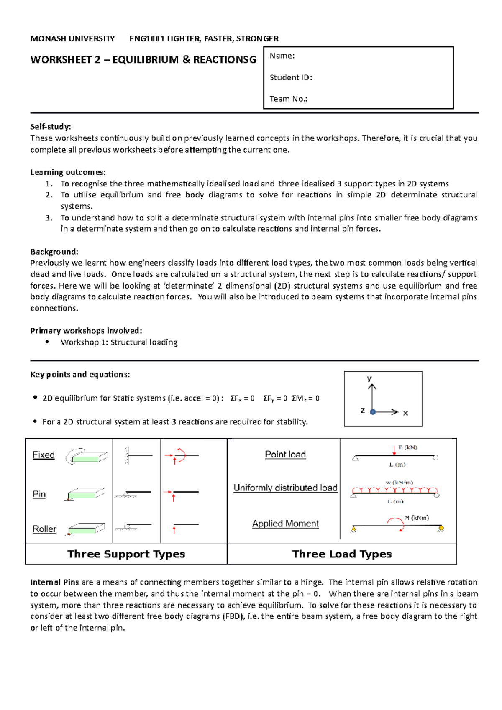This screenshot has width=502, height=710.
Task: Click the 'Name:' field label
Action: pyautogui.click(x=282, y=56)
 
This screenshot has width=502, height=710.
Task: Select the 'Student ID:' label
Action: pyautogui.click(x=291, y=77)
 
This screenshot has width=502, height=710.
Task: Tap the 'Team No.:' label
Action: pyautogui.click(x=288, y=99)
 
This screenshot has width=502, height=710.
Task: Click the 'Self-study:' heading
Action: pyautogui.click(x=51, y=127)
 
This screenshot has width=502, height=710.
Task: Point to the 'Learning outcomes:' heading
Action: pyautogui.click(x=68, y=172)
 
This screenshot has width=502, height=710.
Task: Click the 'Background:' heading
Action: pyautogui.click(x=54, y=252)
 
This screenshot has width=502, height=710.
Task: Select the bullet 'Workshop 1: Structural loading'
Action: pyautogui.click(x=119, y=342)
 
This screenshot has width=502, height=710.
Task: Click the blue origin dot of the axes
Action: pyautogui.click(x=373, y=412)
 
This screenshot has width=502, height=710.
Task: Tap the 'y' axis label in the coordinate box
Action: pyautogui.click(x=369, y=378)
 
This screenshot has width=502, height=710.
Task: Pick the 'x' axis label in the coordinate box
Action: pyautogui.click(x=405, y=413)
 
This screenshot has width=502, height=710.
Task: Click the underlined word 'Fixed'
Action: pyautogui.click(x=44, y=455)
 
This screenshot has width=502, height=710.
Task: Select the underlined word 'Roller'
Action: pyautogui.click(x=44, y=529)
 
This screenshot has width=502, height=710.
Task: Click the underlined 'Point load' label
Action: pyautogui.click(x=285, y=455)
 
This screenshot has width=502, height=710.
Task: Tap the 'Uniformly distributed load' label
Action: pyautogui.click(x=285, y=488)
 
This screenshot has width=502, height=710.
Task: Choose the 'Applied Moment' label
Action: pyautogui.click(x=285, y=524)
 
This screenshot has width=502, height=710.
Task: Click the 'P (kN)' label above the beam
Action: pyautogui.click(x=407, y=447)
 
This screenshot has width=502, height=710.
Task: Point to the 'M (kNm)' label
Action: pyautogui.click(x=416, y=518)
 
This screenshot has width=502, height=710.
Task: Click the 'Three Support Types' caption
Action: pyautogui.click(x=126, y=554)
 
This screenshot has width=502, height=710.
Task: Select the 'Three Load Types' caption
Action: pyautogui.click(x=342, y=554)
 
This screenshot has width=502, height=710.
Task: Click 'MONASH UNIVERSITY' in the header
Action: pyautogui.click(x=72, y=39)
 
